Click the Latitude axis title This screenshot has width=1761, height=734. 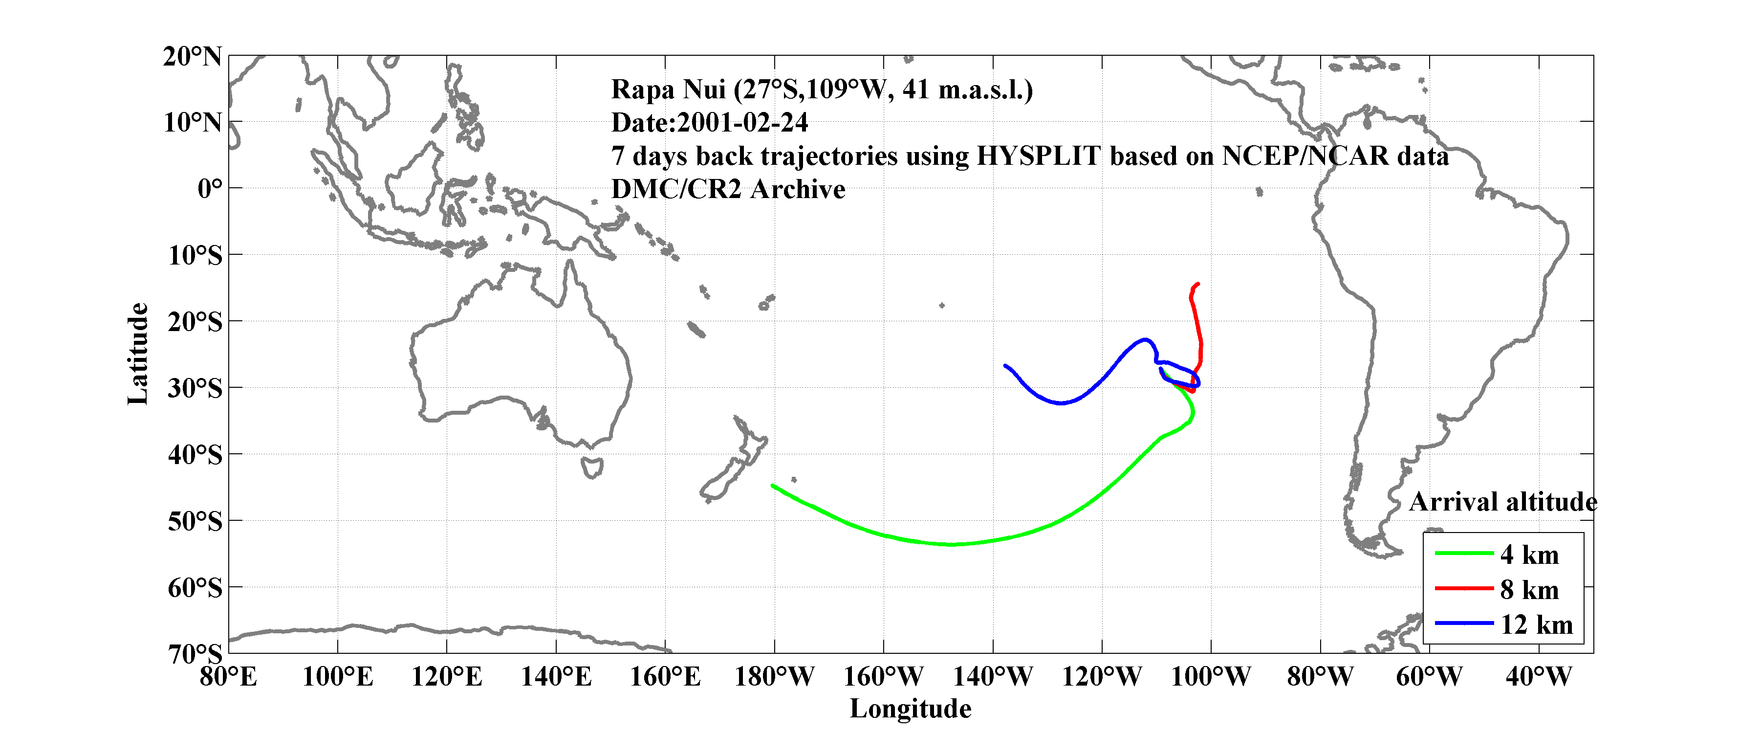[137, 354]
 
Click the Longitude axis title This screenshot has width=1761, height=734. [910, 709]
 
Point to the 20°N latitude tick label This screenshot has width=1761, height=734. [192, 56]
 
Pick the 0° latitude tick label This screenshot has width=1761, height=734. [210, 188]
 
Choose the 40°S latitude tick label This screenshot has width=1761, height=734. [195, 454]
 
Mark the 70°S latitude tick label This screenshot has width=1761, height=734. [195, 653]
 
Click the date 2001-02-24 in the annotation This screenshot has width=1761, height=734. [742, 122]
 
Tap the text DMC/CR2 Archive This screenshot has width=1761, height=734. [728, 189]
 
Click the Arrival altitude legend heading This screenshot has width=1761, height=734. [1502, 502]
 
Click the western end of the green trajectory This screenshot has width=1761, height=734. [773, 485]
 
